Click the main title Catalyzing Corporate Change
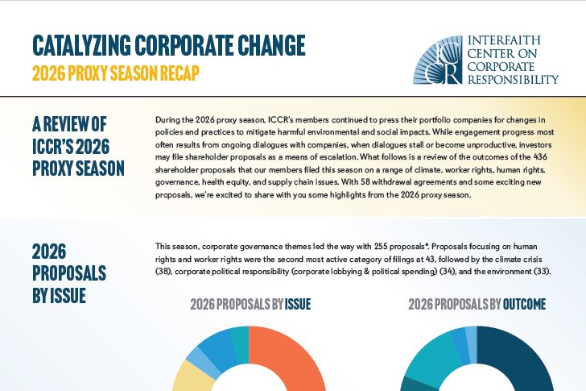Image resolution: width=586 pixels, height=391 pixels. pyautogui.click(x=169, y=45)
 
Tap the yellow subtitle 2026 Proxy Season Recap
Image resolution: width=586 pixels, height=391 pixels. pyautogui.click(x=115, y=73)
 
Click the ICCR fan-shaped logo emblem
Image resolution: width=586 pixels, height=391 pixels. pyautogui.click(x=438, y=60)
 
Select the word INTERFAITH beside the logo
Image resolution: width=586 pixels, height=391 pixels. pyautogui.click(x=504, y=40)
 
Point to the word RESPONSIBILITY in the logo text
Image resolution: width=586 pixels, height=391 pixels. pyautogui.click(x=513, y=79)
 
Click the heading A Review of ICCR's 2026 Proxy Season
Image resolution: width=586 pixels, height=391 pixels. pyautogui.click(x=78, y=146)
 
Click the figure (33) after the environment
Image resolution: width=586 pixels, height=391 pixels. pyautogui.click(x=543, y=271)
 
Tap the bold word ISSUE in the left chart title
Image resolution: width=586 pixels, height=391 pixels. pyautogui.click(x=298, y=304)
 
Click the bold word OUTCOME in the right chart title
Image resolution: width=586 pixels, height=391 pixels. pyautogui.click(x=524, y=304)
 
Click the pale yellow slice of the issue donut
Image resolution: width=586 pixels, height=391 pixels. pyautogui.click(x=191, y=376)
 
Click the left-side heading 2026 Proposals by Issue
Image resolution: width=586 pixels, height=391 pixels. pyautogui.click(x=69, y=273)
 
